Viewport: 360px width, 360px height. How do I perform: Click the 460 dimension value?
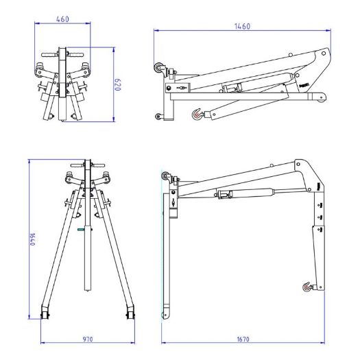coord(62,19)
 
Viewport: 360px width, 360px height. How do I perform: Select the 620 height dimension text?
coord(117,85)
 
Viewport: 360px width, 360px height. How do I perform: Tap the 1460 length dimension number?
coord(242,27)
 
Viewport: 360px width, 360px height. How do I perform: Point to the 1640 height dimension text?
coord(32,239)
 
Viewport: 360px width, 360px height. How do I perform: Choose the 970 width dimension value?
coord(88,339)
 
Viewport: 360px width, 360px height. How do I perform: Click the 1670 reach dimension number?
coord(243,339)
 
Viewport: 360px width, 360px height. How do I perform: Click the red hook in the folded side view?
coord(197,114)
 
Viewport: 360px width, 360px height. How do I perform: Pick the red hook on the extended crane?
coord(307,287)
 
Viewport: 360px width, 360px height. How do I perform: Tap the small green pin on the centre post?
coord(81,229)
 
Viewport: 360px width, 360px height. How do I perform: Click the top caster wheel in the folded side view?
coord(158,68)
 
